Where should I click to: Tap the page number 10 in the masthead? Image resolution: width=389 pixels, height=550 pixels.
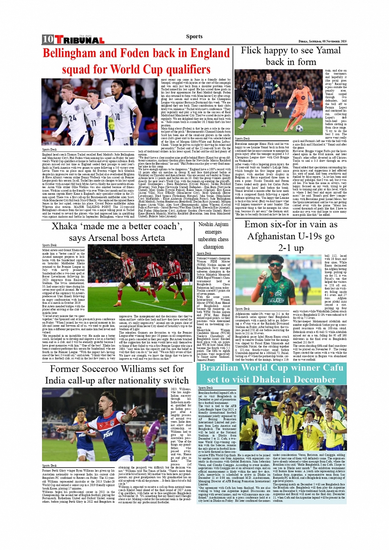click(48, 40)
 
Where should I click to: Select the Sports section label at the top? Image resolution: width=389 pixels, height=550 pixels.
click(194, 37)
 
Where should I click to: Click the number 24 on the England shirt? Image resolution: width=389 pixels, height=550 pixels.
click(73, 118)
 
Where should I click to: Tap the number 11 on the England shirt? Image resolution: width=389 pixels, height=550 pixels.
click(93, 122)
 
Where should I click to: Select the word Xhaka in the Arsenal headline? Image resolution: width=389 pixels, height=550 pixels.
click(65, 226)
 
